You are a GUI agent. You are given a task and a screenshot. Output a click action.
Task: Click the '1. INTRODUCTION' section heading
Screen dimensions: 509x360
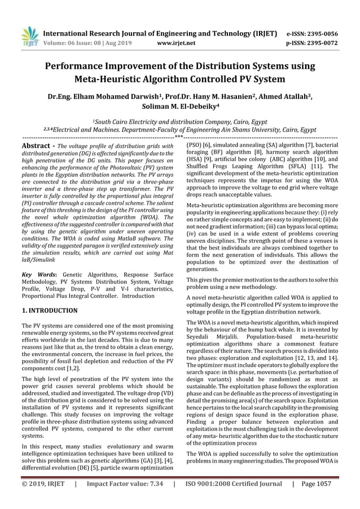(49, 310)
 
